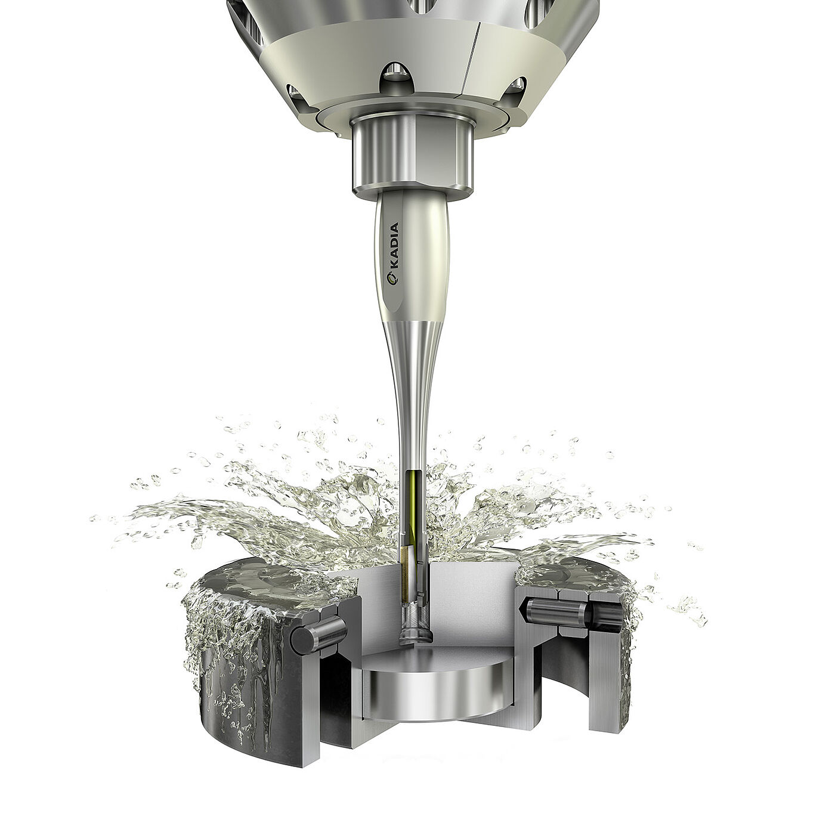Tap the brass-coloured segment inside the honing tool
406,557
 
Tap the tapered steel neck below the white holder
412,382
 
